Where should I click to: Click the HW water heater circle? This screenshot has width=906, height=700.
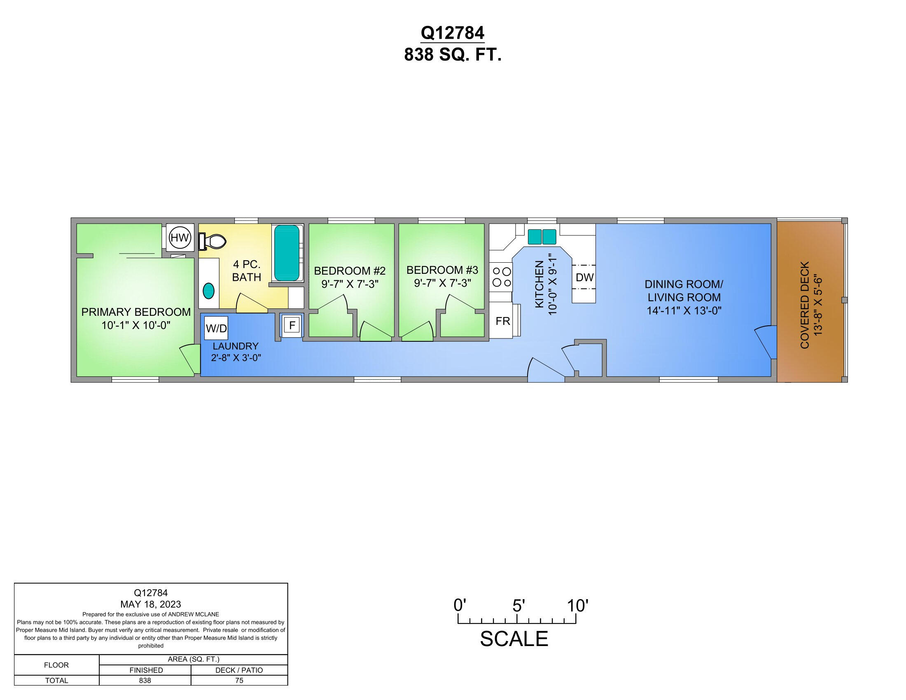point(180,238)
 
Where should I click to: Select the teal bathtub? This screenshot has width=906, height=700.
point(287,253)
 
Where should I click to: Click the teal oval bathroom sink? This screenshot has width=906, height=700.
point(209,291)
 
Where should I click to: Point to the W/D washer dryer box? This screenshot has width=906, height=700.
point(217,329)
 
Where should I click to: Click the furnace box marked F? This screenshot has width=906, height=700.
point(292,326)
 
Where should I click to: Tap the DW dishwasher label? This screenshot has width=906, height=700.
point(584,278)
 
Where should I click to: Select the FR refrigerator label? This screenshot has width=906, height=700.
point(503,321)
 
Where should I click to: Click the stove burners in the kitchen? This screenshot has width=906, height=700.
point(501,277)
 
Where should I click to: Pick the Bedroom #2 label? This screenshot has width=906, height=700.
point(350,271)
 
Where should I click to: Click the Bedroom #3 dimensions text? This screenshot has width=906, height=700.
point(442,283)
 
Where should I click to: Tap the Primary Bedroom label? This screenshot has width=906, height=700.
point(136,312)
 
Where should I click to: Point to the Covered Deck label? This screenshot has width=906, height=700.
point(805,305)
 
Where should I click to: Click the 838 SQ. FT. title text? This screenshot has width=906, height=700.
point(453,55)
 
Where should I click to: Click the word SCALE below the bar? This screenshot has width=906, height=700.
point(514,639)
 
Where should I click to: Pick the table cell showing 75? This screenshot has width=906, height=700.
point(239,681)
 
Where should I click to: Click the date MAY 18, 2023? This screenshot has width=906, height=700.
point(151,604)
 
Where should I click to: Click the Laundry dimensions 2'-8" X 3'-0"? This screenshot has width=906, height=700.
point(236,357)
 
